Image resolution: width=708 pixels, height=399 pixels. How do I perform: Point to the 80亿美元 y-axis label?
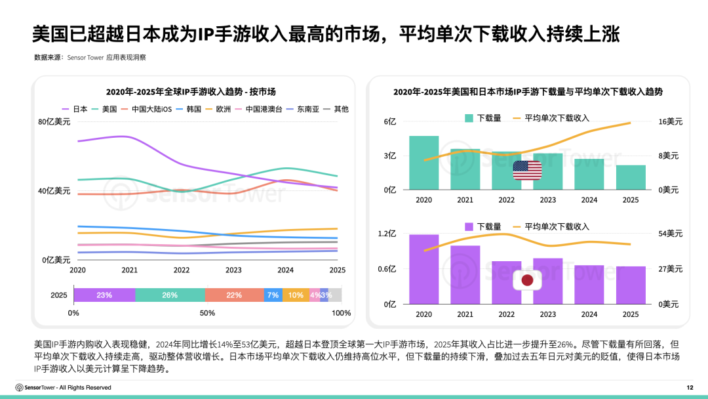click(x=54, y=122)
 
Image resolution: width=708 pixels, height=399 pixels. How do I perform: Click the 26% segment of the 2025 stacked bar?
click(x=170, y=295)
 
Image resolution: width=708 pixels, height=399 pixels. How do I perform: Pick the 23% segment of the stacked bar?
click(x=104, y=295)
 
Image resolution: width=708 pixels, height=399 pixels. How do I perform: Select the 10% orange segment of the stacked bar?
click(x=296, y=295)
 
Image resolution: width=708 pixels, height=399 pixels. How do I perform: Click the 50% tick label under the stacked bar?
click(x=207, y=313)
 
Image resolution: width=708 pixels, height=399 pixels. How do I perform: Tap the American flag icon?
click(x=527, y=171)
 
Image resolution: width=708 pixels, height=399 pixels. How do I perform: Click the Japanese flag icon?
click(x=527, y=281)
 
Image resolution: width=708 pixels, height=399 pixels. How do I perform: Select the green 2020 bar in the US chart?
click(x=424, y=163)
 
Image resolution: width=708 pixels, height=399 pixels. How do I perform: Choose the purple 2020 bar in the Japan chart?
click(x=424, y=269)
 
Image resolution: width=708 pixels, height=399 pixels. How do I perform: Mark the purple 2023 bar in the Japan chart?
click(x=547, y=281)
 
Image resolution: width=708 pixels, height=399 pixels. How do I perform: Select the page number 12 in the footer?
click(x=689, y=387)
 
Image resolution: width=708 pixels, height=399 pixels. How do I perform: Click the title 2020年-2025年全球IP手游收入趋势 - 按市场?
click(x=195, y=92)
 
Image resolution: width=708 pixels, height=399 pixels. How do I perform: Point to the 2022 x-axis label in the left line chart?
click(x=182, y=270)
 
